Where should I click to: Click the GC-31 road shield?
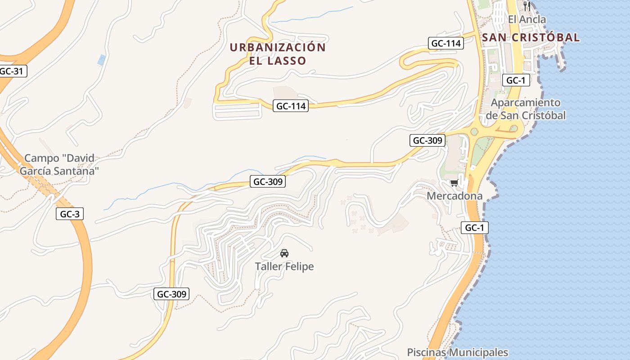12,71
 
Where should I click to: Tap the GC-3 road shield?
70,214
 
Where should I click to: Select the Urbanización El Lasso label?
278,54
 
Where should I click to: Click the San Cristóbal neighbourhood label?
531,38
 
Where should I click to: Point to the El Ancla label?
526,19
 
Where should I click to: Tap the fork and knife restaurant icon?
527,6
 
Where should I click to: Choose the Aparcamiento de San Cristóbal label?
526,109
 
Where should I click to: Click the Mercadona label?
454,196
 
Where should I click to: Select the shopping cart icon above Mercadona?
454,183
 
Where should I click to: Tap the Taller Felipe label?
284,266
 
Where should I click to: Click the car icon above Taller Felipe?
284,253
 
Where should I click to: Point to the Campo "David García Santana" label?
59,164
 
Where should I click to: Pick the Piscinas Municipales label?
457,352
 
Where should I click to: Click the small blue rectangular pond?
102,59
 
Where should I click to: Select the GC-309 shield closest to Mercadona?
427,140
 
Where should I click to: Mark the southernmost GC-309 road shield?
171,294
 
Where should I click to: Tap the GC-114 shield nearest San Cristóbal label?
445,44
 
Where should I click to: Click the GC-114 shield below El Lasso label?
291,106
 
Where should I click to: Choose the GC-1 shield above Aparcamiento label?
516,81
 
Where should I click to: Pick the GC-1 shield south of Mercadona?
474,228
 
